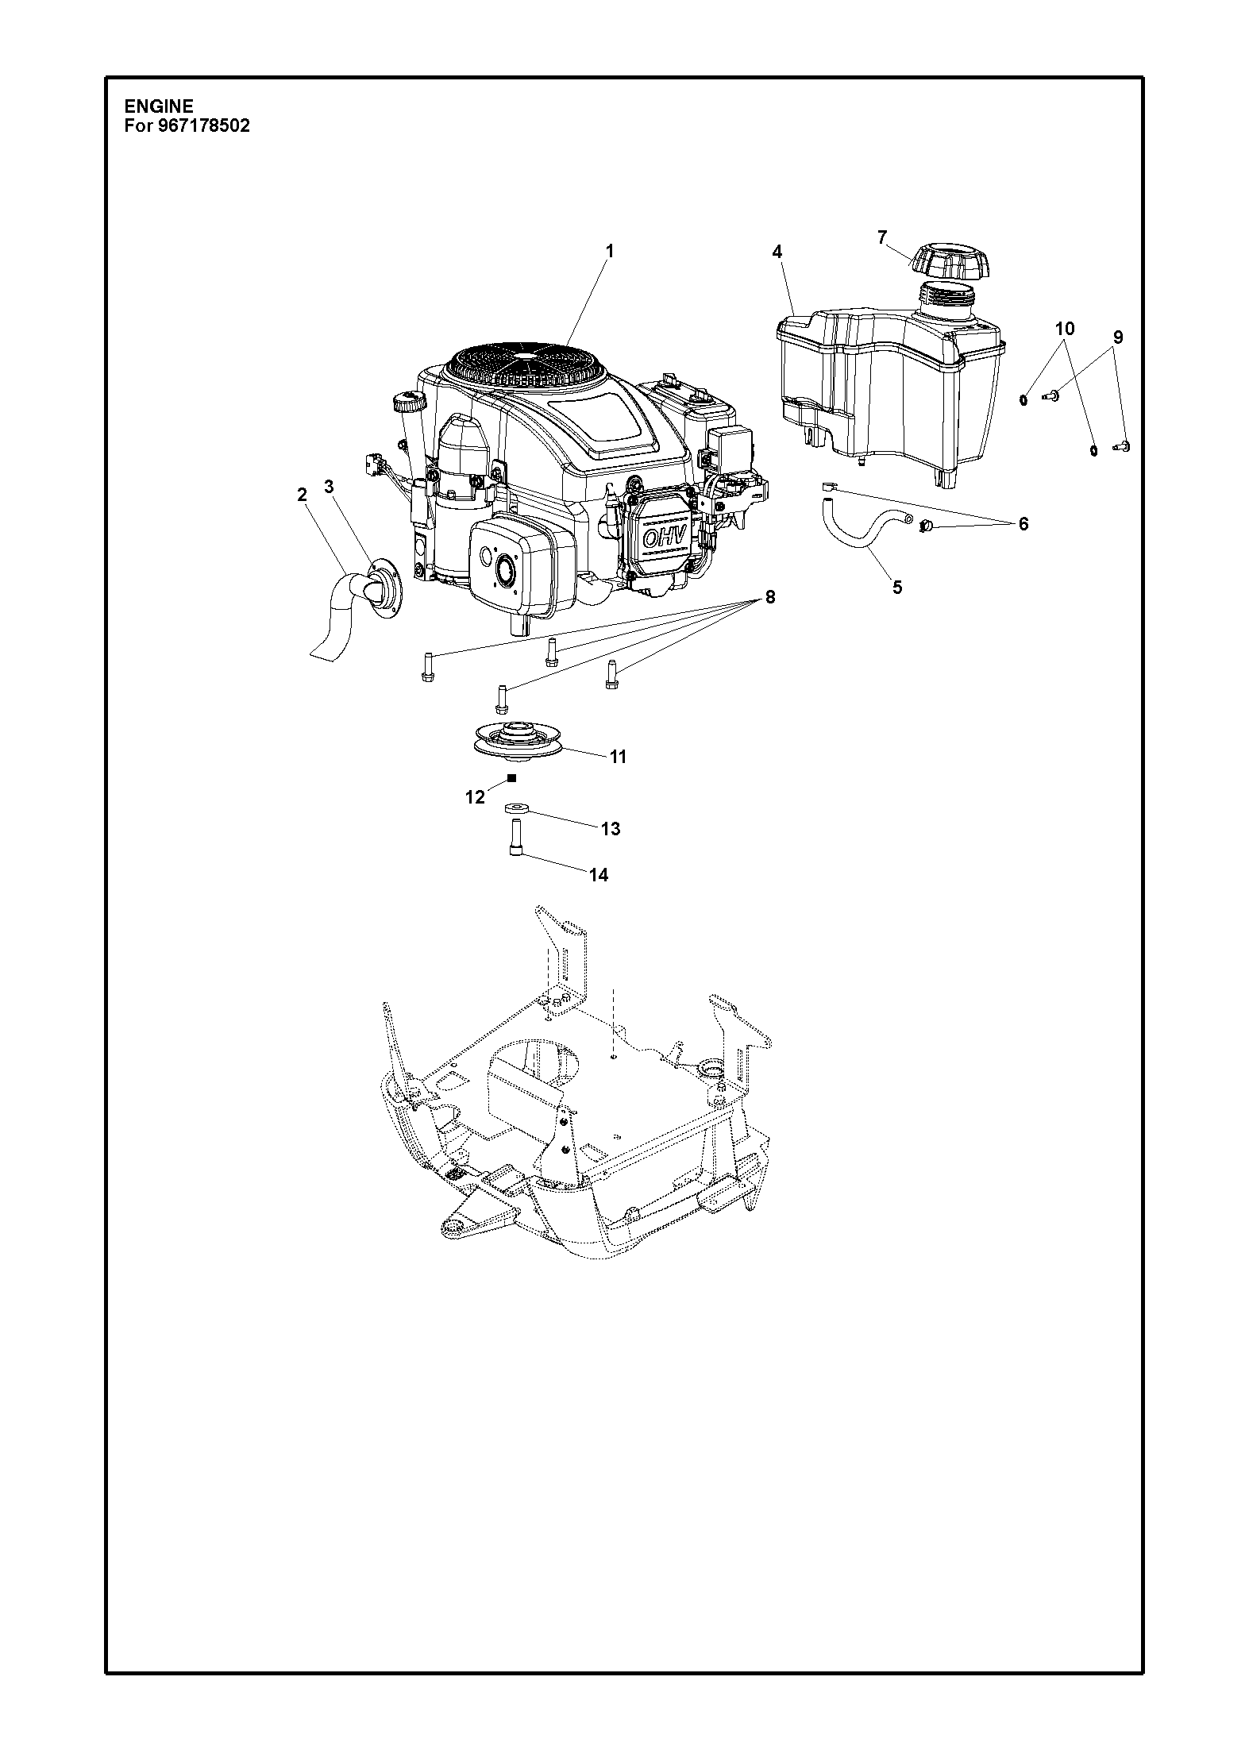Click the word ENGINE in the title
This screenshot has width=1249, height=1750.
coord(159,106)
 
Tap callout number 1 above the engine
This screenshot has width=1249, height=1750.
coord(610,251)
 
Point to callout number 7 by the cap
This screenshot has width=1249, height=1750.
coord(882,237)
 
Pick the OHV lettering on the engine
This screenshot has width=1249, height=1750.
coord(658,538)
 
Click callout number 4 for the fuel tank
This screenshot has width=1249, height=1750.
coord(777,252)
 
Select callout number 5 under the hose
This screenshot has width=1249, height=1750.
coord(897,588)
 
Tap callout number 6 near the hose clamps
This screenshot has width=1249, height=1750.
coord(1023,524)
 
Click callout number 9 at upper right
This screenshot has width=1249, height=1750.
coord(1118,337)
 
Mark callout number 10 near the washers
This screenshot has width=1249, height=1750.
coord(1065,329)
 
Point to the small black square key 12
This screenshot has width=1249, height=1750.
coord(512,778)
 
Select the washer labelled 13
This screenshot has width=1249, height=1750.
coord(517,809)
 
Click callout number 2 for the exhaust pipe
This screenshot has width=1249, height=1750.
coord(302,495)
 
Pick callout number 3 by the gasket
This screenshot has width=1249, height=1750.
coord(330,488)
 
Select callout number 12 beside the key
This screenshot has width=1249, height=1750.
coord(475,797)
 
